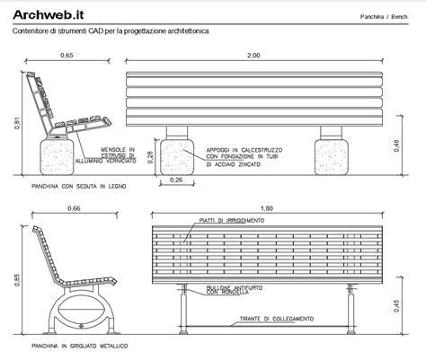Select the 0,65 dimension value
[x=66, y=56]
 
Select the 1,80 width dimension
[x=260, y=207]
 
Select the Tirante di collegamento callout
[x=275, y=319]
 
